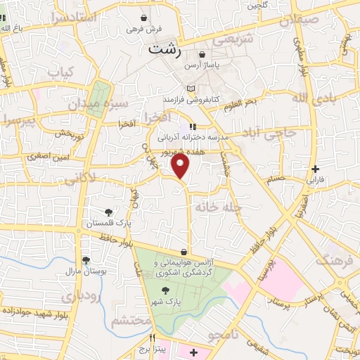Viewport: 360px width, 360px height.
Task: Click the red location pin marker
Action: click(181, 166)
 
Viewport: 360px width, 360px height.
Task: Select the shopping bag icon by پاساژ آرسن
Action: click(202, 54)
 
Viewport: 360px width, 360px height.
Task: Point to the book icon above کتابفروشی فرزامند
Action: click(191, 88)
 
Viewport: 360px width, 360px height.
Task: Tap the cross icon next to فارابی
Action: click(316, 169)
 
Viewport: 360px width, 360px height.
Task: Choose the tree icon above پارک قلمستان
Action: click(108, 212)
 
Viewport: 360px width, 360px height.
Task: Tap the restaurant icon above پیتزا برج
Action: click(151, 338)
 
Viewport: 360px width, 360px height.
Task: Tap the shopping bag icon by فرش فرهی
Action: click(144, 18)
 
